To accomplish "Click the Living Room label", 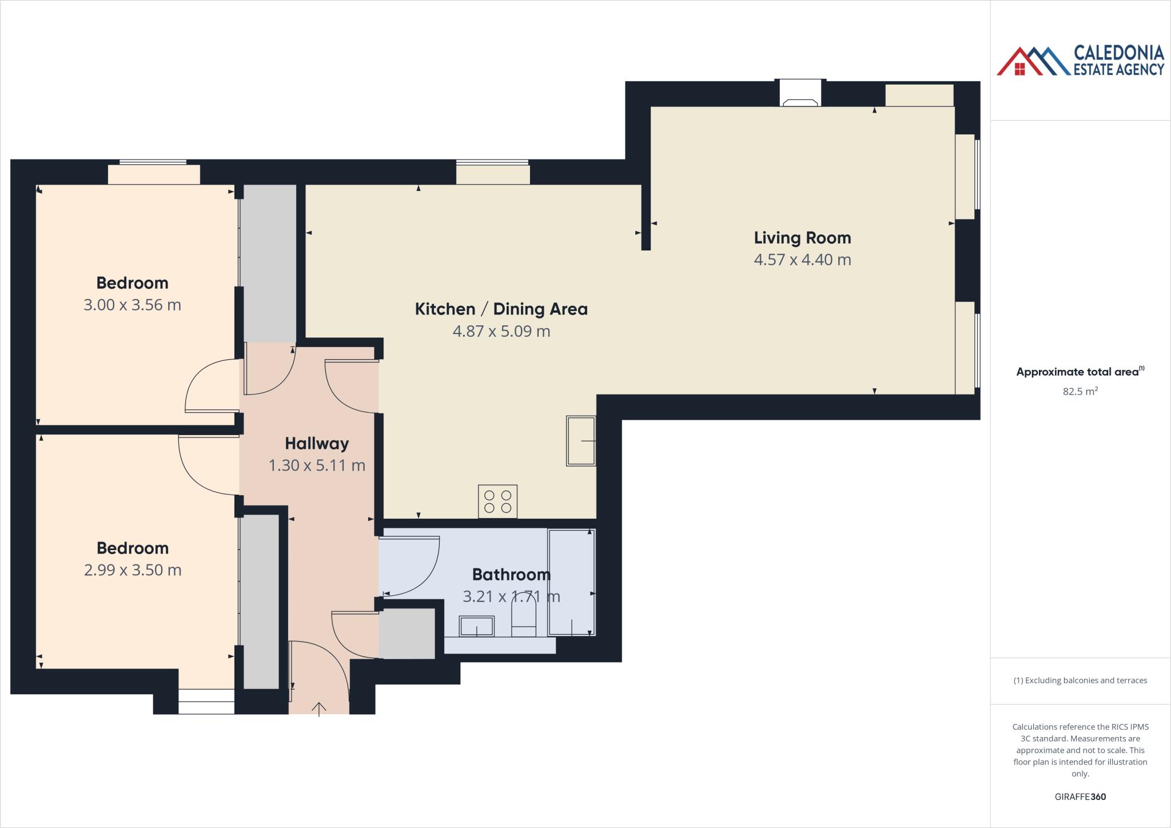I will (x=802, y=238).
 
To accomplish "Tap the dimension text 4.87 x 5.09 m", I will (x=501, y=331).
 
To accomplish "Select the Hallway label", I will (x=317, y=443).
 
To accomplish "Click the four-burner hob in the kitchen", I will (x=497, y=501).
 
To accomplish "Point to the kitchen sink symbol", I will (x=580, y=440).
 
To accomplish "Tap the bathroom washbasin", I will (x=476, y=626).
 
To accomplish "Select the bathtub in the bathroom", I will (x=571, y=582).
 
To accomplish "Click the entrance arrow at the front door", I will (x=318, y=709).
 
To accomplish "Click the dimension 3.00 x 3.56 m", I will (x=132, y=305).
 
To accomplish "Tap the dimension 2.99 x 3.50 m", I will (x=132, y=570).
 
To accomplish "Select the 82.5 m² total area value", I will (x=1080, y=392).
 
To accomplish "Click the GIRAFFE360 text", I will (x=1080, y=797).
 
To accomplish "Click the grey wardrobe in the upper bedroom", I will (x=268, y=263).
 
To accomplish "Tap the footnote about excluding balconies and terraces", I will (x=1080, y=680).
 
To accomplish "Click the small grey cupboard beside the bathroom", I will (x=407, y=634).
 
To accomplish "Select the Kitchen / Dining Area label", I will (x=501, y=309).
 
